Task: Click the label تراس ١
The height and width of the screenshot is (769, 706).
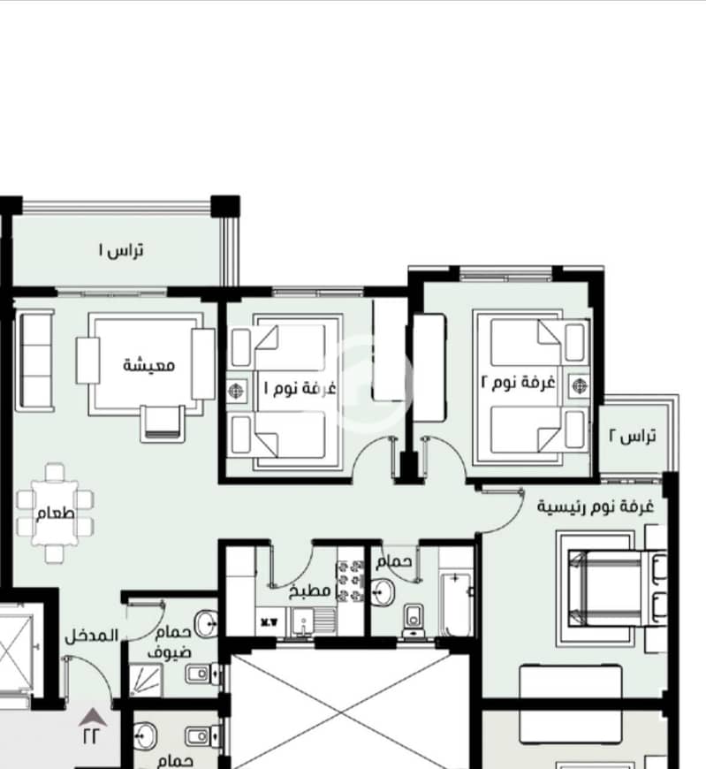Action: pos(120,251)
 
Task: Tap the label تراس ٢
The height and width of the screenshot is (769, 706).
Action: pos(633,436)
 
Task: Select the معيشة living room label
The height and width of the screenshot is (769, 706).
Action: pos(148,365)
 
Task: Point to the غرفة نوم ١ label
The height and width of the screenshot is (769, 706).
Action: pos(300,387)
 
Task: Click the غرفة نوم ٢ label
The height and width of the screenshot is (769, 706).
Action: pos(518,382)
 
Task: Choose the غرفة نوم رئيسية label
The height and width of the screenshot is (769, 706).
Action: pos(596,506)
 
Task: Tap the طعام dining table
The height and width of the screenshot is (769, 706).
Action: pos(55,513)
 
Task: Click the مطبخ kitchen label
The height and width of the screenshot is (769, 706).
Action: pos(310,590)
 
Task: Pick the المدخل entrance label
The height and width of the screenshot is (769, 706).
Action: pos(92,636)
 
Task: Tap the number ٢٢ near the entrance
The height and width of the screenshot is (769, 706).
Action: pos(91,736)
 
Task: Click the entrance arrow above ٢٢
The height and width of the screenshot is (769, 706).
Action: pos(93,718)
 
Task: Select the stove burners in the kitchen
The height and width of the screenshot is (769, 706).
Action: pos(350,581)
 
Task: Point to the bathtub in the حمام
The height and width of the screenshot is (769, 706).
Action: pos(455,604)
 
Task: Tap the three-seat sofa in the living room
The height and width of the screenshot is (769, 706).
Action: pos(35,361)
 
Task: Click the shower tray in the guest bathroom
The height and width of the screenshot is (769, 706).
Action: pos(146,681)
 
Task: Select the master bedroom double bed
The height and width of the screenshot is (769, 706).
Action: pos(618,588)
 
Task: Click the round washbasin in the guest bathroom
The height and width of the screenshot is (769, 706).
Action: pos(206,623)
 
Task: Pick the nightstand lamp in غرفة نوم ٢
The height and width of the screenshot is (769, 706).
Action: pos(579,385)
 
